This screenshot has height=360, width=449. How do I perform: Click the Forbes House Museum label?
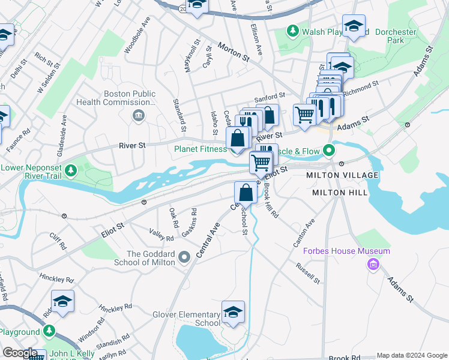pos(346,251)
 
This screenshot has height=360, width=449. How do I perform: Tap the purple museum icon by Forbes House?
pos(374,263)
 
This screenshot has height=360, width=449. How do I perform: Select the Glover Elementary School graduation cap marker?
pos(233,313)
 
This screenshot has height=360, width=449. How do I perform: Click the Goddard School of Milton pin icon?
pos(184,257)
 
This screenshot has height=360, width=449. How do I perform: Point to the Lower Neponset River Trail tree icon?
pos(71,170)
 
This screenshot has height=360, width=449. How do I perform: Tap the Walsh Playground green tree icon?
pos(292,30)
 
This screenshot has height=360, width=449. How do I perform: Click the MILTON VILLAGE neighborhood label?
pos(342,175)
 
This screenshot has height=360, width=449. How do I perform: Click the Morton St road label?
pos(234,52)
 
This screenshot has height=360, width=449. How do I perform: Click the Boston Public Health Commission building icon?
pos(139,115)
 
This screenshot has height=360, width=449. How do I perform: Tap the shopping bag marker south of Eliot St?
pos(246,193)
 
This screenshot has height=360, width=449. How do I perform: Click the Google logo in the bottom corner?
pos(19,353)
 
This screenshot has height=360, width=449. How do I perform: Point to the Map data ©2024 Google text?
pos(412,355)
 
